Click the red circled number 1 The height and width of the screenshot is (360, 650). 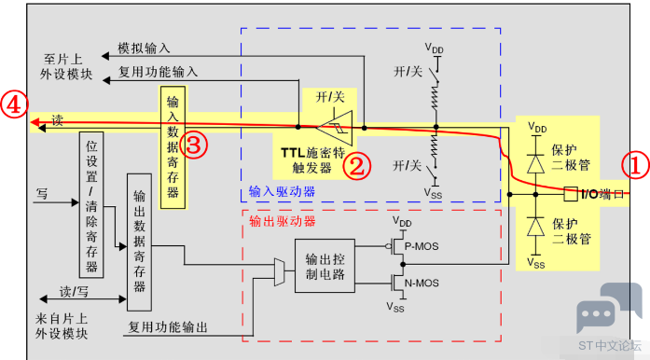pos(635,166)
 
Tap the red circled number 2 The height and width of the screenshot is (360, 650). pos(359,166)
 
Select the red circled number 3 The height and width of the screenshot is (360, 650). pos(193,144)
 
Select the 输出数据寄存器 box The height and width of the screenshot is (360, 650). pos(138,242)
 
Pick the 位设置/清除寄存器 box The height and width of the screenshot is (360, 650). pos(91,206)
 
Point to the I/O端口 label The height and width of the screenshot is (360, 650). pos(602,194)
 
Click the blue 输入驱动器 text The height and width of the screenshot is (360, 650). pos(282,191)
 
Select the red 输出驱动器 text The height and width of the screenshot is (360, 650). pos(284,222)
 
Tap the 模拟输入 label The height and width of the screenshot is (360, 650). pos(145,47)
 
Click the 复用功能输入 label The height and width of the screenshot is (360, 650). pos(158,71)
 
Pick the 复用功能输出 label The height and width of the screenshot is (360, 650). pos(169,327)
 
